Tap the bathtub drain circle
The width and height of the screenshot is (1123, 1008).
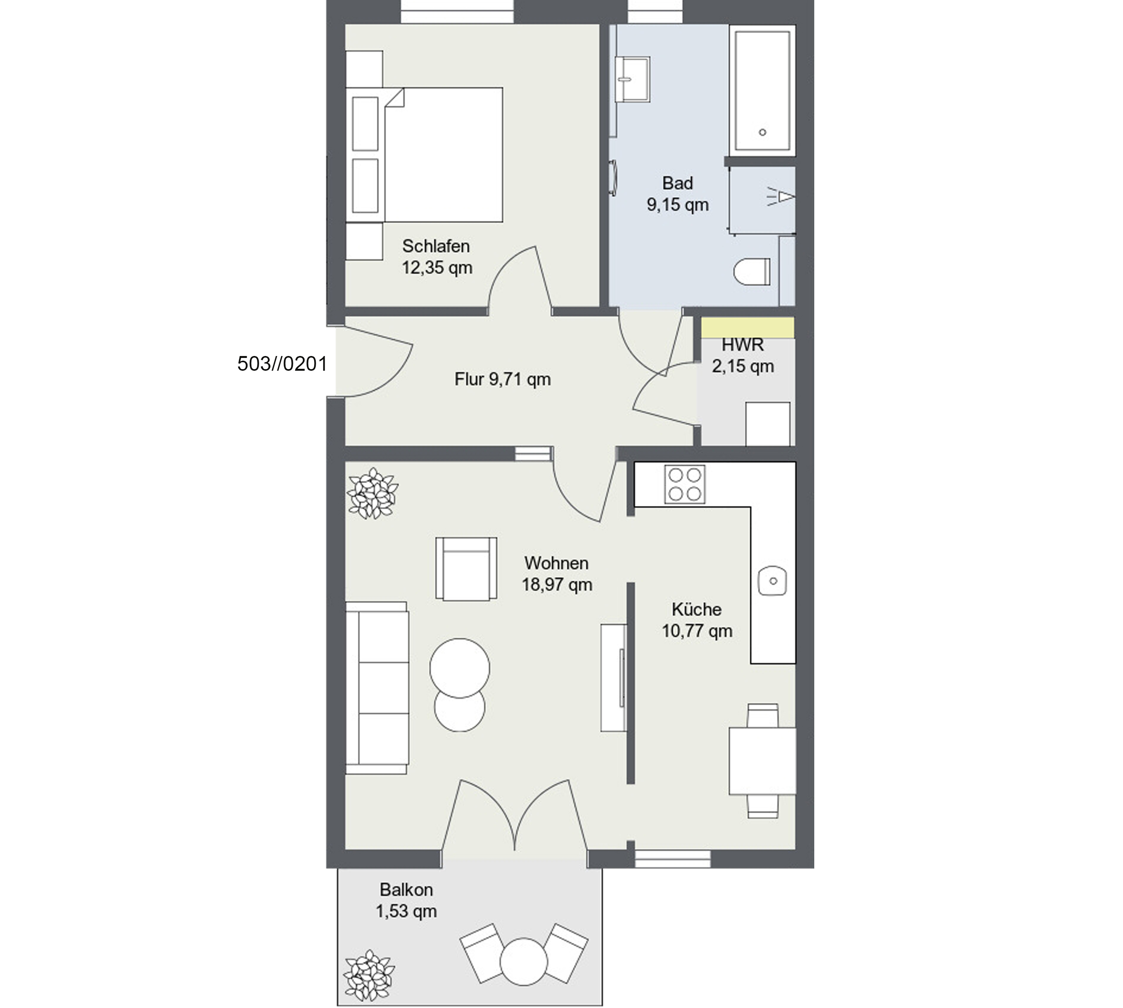click(762, 132)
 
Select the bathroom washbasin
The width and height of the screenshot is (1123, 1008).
click(632, 79)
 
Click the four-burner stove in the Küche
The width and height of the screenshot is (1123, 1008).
click(685, 484)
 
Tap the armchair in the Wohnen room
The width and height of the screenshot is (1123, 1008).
click(466, 568)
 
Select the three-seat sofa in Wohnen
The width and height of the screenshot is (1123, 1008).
click(377, 688)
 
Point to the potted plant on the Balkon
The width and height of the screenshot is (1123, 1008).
click(369, 974)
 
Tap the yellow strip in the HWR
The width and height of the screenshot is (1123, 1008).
click(748, 327)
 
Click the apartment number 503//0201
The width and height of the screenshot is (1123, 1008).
click(282, 363)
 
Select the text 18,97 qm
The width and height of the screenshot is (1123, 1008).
click(557, 585)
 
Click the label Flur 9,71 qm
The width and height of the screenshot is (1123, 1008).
click(503, 379)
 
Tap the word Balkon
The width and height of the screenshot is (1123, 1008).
click(406, 890)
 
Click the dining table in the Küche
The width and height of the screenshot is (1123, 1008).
click(762, 761)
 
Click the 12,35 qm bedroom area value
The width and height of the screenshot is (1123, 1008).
click(437, 268)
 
